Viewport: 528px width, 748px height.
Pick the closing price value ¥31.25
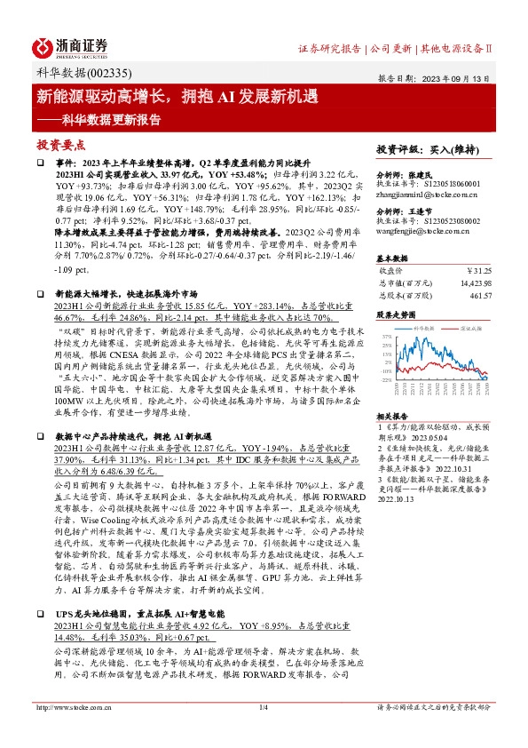pyautogui.click(x=478, y=270)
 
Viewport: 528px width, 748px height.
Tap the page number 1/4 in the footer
pyautogui.click(x=263, y=731)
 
